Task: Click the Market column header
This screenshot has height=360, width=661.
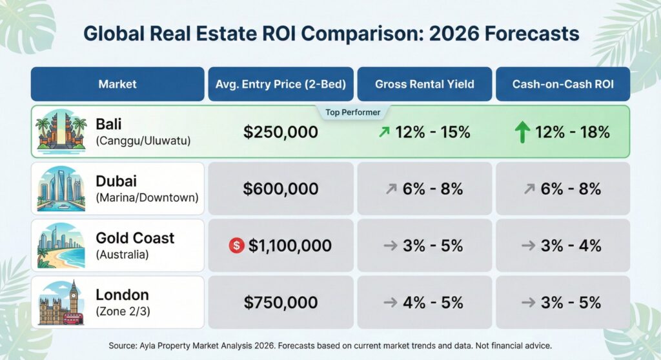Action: click(x=117, y=84)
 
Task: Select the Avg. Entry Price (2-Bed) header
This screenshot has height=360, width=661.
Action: click(x=280, y=84)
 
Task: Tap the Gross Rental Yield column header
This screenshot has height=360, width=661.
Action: click(x=424, y=84)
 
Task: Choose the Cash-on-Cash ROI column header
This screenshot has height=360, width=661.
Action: click(x=562, y=84)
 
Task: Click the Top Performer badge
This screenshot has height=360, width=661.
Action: click(x=352, y=112)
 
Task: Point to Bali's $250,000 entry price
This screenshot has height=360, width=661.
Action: click(x=281, y=132)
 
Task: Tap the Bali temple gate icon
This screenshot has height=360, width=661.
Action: click(x=62, y=132)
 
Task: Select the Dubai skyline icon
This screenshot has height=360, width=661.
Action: click(x=62, y=188)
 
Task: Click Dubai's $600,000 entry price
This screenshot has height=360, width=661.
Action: click(x=281, y=189)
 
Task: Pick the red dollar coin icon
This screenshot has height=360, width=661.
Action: click(x=236, y=245)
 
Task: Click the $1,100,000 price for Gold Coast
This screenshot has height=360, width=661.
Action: click(x=290, y=246)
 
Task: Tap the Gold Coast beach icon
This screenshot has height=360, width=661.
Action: click(x=62, y=245)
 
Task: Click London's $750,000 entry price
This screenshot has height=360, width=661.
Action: click(x=281, y=303)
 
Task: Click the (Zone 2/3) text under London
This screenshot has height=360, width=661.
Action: click(x=123, y=311)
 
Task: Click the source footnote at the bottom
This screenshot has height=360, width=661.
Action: click(x=330, y=345)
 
